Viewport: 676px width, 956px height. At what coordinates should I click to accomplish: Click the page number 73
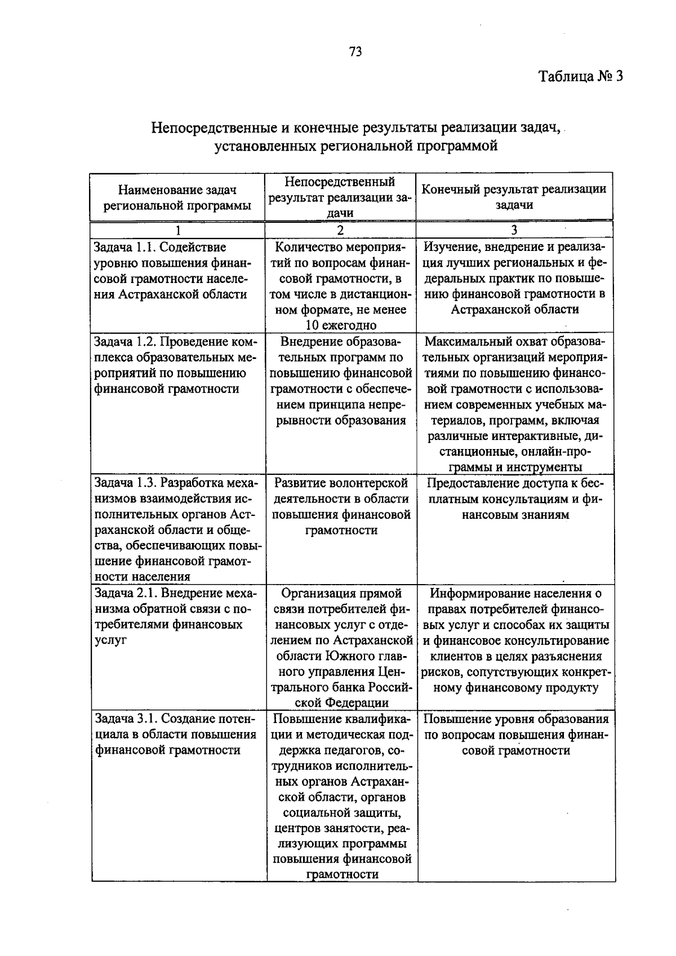[x=355, y=52]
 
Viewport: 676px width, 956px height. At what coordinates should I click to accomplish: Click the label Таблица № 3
[x=580, y=77]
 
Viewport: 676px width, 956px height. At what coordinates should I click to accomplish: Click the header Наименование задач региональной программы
[x=177, y=198]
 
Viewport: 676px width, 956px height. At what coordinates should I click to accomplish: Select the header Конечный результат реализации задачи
[x=514, y=197]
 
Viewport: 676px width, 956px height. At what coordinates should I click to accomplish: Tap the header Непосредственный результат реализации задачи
[x=340, y=197]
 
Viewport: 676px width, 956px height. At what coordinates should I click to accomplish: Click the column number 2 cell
[x=340, y=230]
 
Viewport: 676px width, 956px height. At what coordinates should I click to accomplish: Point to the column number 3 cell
[x=514, y=230]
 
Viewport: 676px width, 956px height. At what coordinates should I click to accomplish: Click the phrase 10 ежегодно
[x=341, y=325]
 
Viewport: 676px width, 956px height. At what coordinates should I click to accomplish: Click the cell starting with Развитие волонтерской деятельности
[x=341, y=506]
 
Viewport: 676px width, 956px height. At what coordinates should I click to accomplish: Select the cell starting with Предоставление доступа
[x=515, y=499]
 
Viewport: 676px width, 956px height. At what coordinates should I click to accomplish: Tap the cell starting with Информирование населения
[x=515, y=640]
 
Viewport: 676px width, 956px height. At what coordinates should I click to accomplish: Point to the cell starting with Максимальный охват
[x=515, y=404]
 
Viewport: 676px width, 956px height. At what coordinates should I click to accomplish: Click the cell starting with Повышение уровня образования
[x=515, y=734]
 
